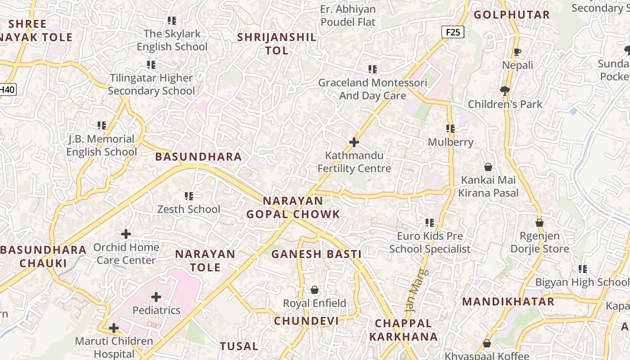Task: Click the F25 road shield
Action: tap(452, 32)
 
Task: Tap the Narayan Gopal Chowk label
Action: tap(293, 207)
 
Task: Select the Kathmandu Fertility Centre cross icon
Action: tap(354, 143)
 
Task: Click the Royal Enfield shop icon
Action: tap(315, 290)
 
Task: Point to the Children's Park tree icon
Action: tap(505, 91)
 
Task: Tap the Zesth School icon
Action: tap(189, 196)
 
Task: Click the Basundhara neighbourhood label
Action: tap(198, 157)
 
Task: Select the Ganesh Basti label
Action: tap(316, 254)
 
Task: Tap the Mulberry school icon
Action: tap(450, 129)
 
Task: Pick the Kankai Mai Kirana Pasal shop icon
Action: tap(488, 167)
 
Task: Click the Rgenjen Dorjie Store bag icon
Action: tap(539, 223)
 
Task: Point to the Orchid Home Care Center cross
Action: tap(126, 234)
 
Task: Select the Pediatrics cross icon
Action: tap(156, 297)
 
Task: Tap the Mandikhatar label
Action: tap(508, 302)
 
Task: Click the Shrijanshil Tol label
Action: tap(277, 44)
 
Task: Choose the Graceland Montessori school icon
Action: tap(373, 69)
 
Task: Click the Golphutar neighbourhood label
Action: tap(512, 15)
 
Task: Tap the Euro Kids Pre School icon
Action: tap(430, 223)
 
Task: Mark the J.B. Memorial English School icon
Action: tap(102, 126)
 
